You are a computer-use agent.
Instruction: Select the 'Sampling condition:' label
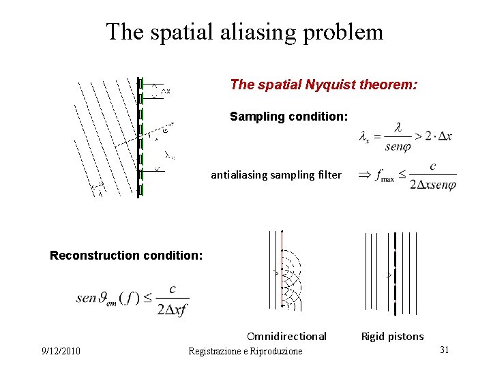point(288,117)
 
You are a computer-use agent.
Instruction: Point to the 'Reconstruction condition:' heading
point(126,256)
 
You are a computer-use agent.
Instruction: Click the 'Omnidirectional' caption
point(286,336)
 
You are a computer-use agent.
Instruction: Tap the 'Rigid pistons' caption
point(392,336)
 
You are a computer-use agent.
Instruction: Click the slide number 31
point(444,350)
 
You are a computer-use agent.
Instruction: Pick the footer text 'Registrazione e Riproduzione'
point(245,351)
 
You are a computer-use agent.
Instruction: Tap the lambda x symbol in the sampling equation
point(366,137)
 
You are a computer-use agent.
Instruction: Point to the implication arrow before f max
point(365,174)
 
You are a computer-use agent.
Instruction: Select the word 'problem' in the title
point(347,32)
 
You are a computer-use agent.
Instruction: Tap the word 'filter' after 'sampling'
point(329,175)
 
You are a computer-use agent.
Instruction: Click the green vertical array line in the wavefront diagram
point(140,136)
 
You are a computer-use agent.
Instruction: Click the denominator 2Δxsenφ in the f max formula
point(433,185)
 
